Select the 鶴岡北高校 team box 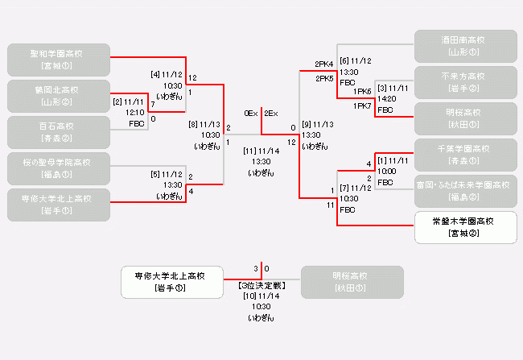click(x=57, y=96)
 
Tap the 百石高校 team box click(x=57, y=132)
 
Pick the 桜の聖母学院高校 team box click(x=57, y=168)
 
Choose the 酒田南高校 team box click(x=466, y=45)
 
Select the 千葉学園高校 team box click(x=466, y=154)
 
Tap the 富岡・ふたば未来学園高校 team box click(x=466, y=190)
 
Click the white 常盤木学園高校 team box click(x=466, y=227)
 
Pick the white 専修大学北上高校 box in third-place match click(x=171, y=282)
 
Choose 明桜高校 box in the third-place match click(x=351, y=282)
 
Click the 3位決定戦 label click(x=261, y=286)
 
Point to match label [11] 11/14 click(x=261, y=151)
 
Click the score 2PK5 click(x=324, y=79)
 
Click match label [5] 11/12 click(x=167, y=174)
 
